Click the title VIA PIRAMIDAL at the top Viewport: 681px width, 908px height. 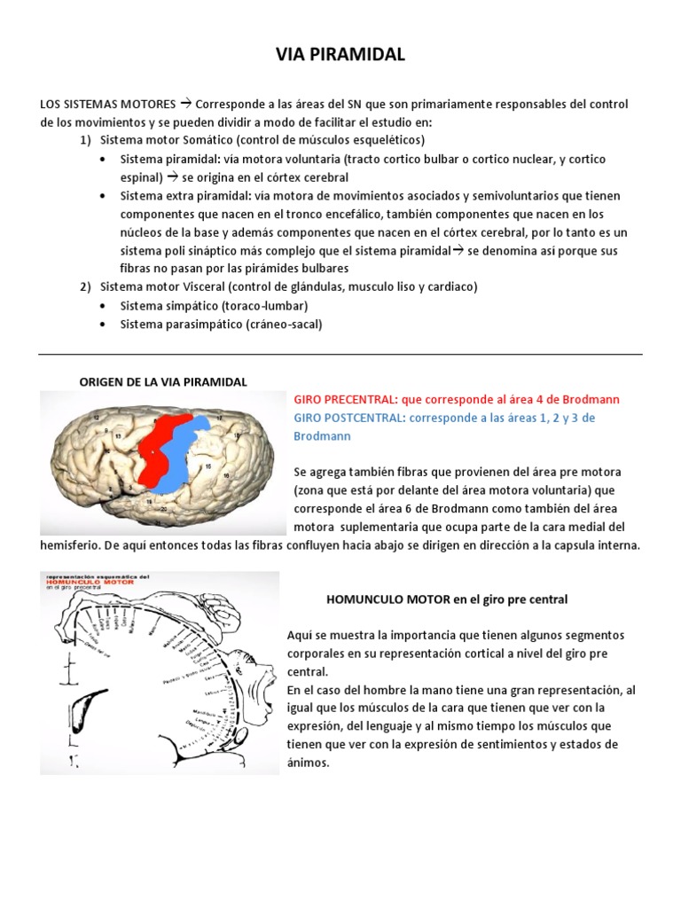tap(340, 55)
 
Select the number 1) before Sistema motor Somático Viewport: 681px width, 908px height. tap(85, 140)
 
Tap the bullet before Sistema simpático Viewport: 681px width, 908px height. tap(105, 306)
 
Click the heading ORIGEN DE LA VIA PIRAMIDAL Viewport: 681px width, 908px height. tap(163, 381)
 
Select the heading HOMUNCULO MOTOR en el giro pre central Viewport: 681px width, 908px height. tap(447, 600)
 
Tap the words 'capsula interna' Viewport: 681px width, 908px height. tap(594, 545)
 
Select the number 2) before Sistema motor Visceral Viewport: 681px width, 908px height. tap(85, 287)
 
